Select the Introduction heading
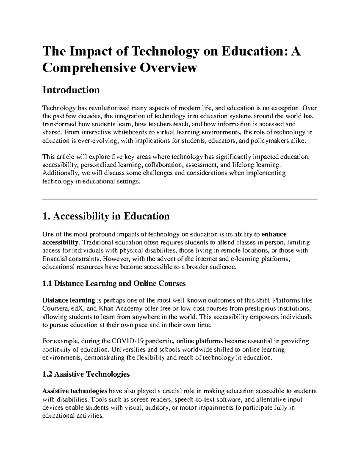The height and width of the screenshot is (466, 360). (x=71, y=90)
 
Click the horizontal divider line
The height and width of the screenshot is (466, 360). (x=180, y=199)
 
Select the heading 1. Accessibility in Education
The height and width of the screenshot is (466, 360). (x=106, y=216)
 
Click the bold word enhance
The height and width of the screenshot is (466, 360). (x=274, y=234)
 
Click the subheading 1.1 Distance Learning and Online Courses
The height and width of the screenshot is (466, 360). (x=114, y=284)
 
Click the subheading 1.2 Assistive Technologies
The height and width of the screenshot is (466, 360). (x=86, y=374)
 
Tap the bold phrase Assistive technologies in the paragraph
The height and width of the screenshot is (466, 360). (x=75, y=391)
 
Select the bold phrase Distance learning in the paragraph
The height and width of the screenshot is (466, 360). (x=69, y=300)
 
